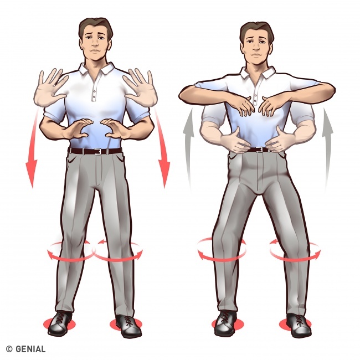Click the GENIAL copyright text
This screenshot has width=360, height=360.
(x=25, y=349)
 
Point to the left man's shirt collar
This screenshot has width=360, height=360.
(x=96, y=68)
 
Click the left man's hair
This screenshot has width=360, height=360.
(x=95, y=27)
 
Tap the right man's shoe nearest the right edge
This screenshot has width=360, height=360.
(x=299, y=326)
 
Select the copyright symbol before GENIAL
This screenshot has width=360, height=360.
(x=9, y=349)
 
